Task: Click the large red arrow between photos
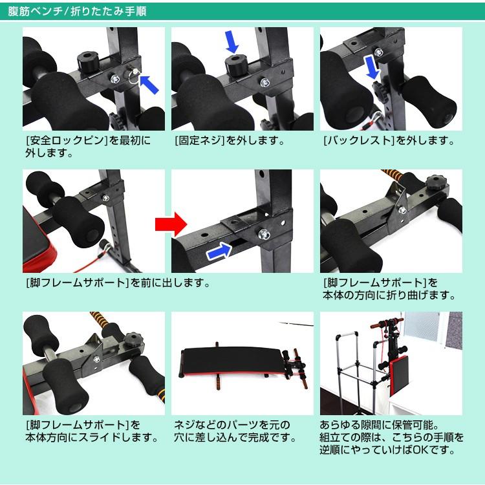pos(171,224)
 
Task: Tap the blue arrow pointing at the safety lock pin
pos(149,85)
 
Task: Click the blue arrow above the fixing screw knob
pos(232,41)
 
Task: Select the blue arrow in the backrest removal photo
pos(372,67)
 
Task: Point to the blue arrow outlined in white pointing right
pos(219,251)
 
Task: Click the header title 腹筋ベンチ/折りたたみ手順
pos(77,12)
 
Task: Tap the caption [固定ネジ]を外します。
pos(229,140)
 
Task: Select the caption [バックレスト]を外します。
pos(389,140)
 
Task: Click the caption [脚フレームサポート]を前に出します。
pos(118,283)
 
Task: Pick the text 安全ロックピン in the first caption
pos(67,140)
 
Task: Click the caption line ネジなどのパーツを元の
pos(232,425)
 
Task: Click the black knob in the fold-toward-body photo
pos(437,182)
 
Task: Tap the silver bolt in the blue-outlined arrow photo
pos(264,234)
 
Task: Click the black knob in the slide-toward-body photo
pos(135,338)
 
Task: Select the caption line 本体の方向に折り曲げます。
pos(389,295)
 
